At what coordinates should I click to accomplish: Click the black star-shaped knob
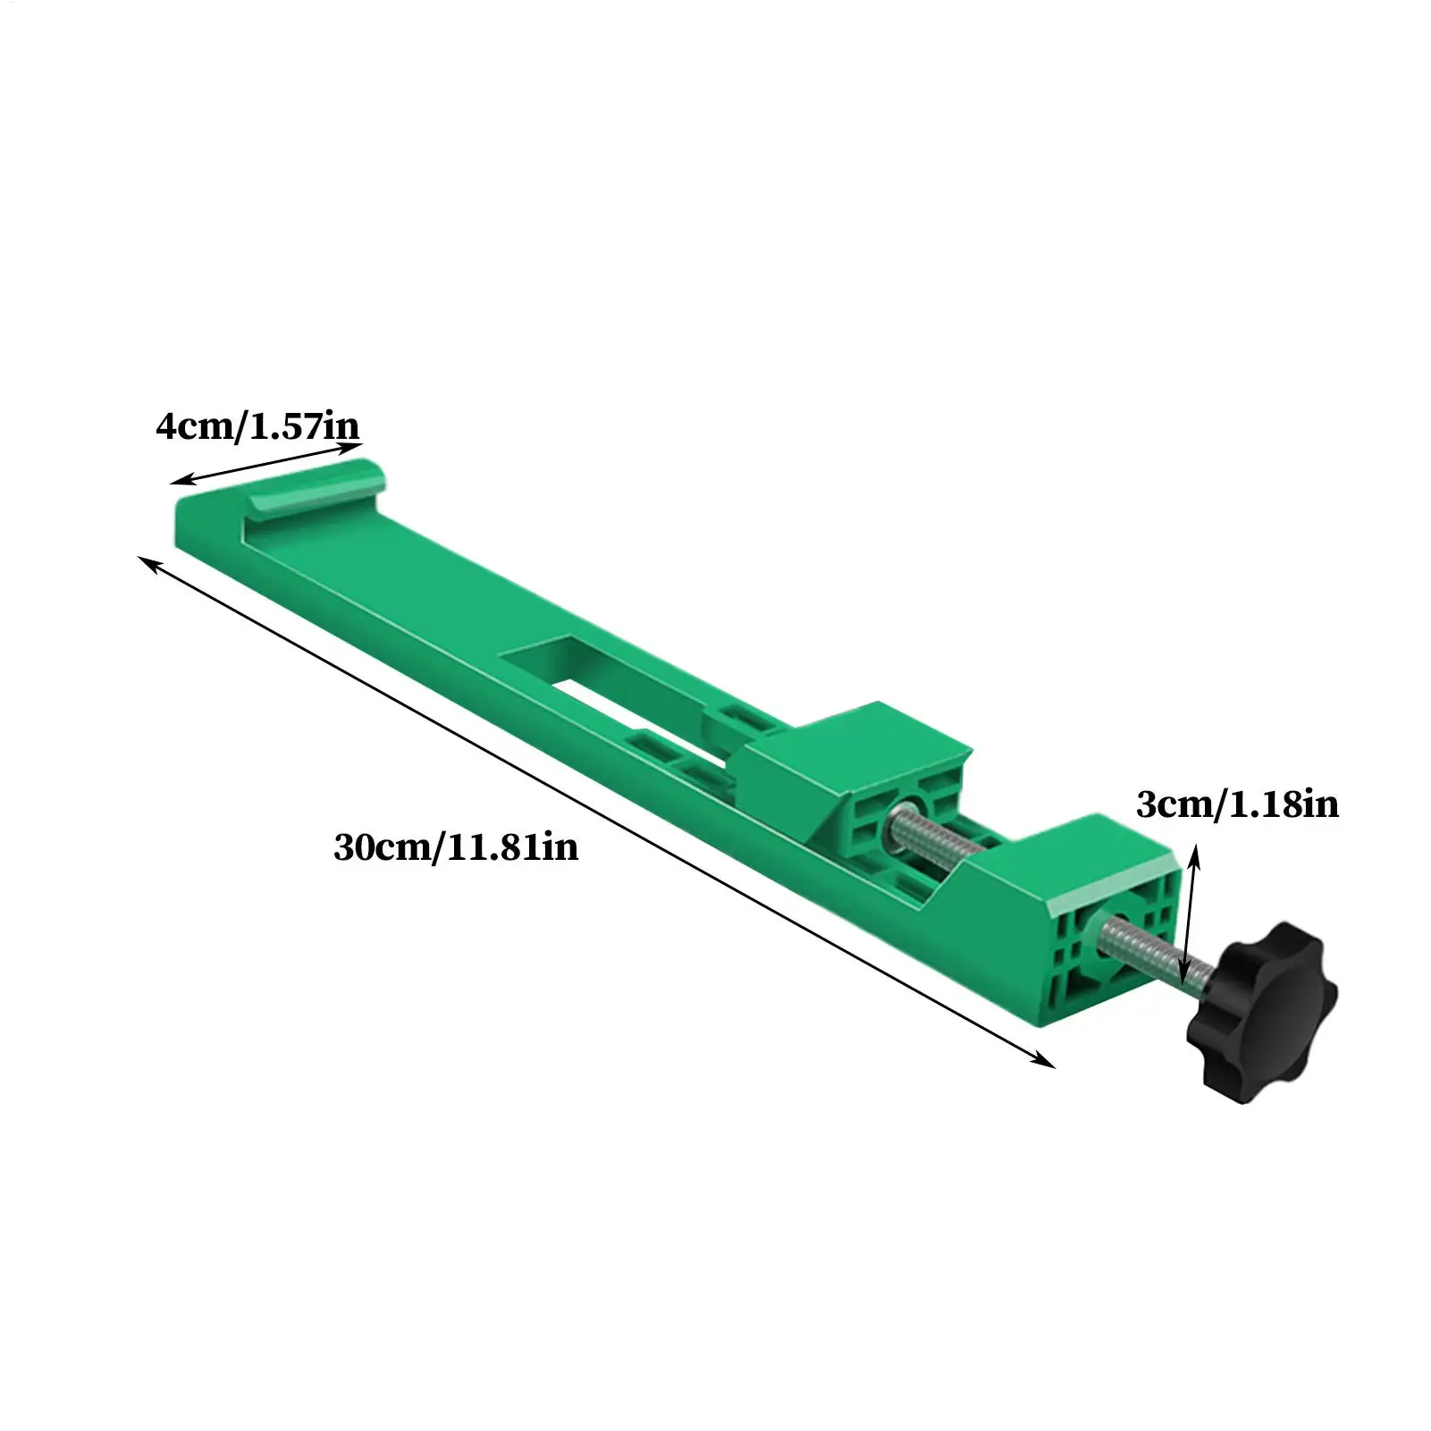pyautogui.click(x=1262, y=1012)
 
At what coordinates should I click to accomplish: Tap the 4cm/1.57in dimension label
pyautogui.click(x=257, y=426)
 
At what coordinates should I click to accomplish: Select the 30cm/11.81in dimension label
pyautogui.click(x=456, y=846)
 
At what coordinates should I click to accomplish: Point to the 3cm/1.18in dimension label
pyautogui.click(x=1237, y=804)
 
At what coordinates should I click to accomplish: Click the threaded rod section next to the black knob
pyautogui.click(x=1149, y=951)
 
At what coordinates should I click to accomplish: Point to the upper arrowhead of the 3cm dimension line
pyautogui.click(x=1194, y=856)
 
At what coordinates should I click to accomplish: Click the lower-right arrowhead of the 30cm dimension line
pyautogui.click(x=1047, y=1062)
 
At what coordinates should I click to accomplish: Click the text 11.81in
pyautogui.click(x=511, y=846)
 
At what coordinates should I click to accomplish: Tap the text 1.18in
pyautogui.click(x=1284, y=804)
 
